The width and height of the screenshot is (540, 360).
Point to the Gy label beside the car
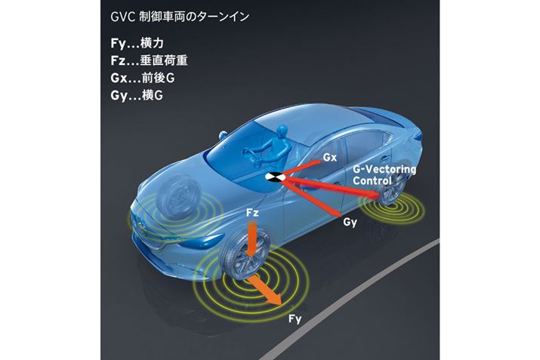[x=349, y=223]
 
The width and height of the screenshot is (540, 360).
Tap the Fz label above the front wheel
[x=253, y=214]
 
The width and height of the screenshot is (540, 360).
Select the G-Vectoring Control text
[x=384, y=175]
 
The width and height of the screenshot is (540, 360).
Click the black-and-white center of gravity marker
[x=273, y=177]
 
